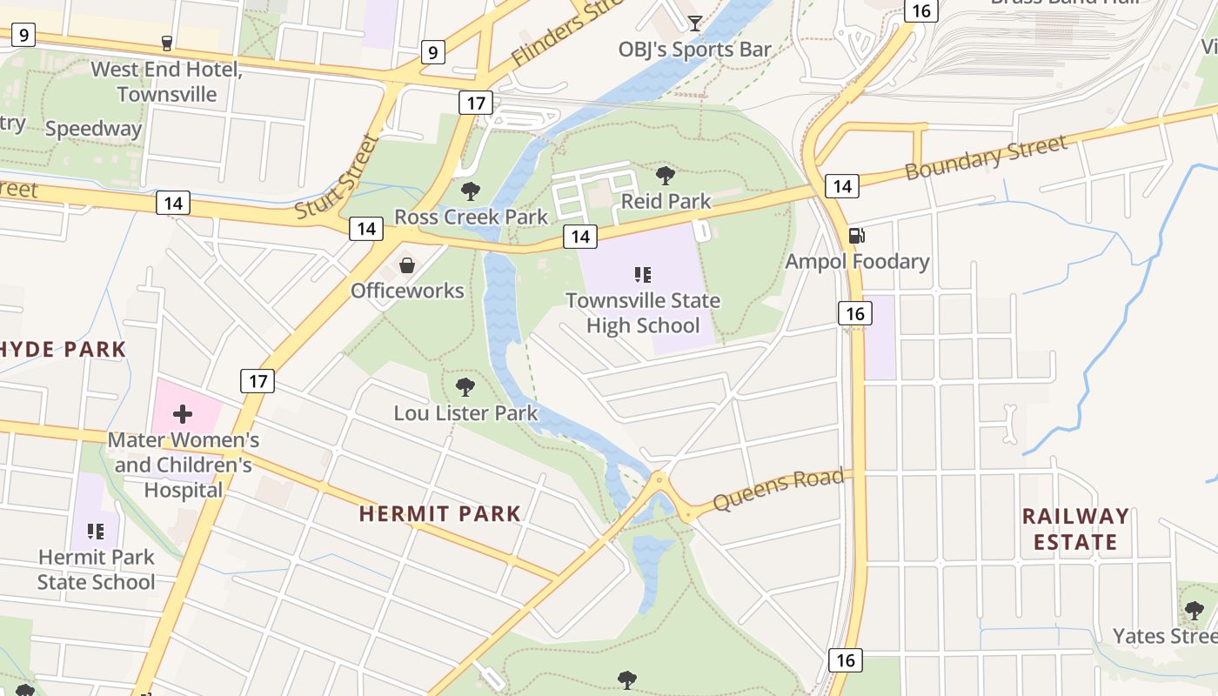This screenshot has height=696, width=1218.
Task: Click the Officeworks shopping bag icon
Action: coord(406,264)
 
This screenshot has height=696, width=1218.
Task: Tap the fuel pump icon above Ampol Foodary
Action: coord(856,235)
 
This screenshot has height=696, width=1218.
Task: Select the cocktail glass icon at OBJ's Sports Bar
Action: coord(694,23)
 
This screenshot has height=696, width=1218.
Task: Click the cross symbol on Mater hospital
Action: coord(183,413)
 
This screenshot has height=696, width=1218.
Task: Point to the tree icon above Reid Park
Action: coord(666,175)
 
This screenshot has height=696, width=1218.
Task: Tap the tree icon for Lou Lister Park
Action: coord(465,386)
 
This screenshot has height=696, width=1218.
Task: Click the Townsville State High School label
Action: coord(643,313)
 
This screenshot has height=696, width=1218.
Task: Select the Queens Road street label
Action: coord(778,490)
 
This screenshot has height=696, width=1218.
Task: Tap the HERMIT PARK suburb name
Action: coord(439,513)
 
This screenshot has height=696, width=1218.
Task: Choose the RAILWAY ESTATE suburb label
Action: coord(1074,529)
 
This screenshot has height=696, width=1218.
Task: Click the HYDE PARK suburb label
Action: coord(63,350)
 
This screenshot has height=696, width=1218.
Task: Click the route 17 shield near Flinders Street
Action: coord(475,103)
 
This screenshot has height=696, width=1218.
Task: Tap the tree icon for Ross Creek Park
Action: coord(471,191)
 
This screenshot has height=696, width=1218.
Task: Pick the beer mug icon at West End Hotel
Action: coord(166,43)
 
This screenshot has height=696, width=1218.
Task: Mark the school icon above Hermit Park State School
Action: coord(96,531)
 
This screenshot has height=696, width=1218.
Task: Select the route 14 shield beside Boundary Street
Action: coord(841,185)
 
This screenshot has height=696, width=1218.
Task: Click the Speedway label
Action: coord(93,129)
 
